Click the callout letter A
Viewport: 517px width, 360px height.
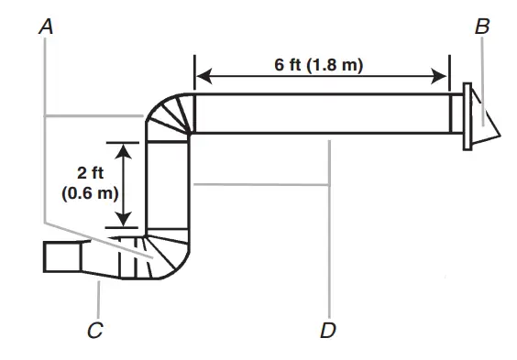(x=46, y=27)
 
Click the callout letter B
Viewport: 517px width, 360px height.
(x=482, y=27)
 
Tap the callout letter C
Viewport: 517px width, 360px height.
(x=95, y=330)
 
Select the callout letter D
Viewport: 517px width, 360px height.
(x=328, y=330)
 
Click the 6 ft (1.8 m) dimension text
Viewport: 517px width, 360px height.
(x=318, y=64)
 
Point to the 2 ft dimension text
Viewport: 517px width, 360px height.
(x=91, y=173)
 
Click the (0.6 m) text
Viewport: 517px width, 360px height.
(x=90, y=193)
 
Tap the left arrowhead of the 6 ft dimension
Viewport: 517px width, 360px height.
(x=203, y=76)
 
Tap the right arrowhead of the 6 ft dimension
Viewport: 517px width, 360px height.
(x=439, y=76)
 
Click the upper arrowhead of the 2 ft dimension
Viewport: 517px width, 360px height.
(x=124, y=151)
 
